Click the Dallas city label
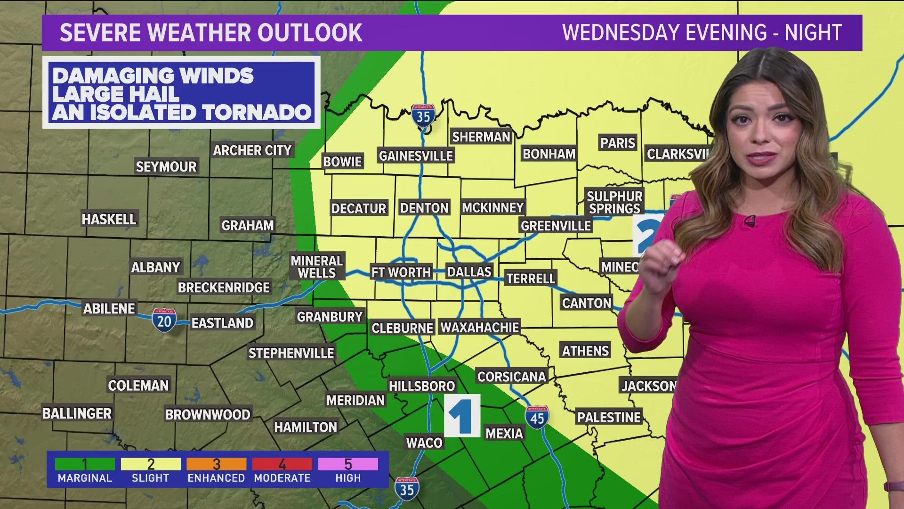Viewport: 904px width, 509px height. pos(469,272)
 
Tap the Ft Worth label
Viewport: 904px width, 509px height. pos(401,272)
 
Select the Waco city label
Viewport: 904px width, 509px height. pos(424,443)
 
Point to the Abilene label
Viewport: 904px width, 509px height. pos(109,309)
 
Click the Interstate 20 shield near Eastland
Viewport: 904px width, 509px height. pos(164,320)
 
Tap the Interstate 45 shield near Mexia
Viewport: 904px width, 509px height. pos(537,417)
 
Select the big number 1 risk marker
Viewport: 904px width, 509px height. pos(462,416)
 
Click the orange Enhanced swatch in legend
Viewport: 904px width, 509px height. pos(216,464)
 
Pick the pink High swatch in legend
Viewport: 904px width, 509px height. pos(348,464)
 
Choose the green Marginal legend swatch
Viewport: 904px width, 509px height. pos(85,464)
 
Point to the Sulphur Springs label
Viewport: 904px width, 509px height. pos(614,202)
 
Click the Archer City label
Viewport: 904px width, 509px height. pos(252,150)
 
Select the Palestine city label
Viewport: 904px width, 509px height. pos(609,417)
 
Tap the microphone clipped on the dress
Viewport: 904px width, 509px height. pos(750,220)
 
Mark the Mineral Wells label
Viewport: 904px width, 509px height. pos(316,267)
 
